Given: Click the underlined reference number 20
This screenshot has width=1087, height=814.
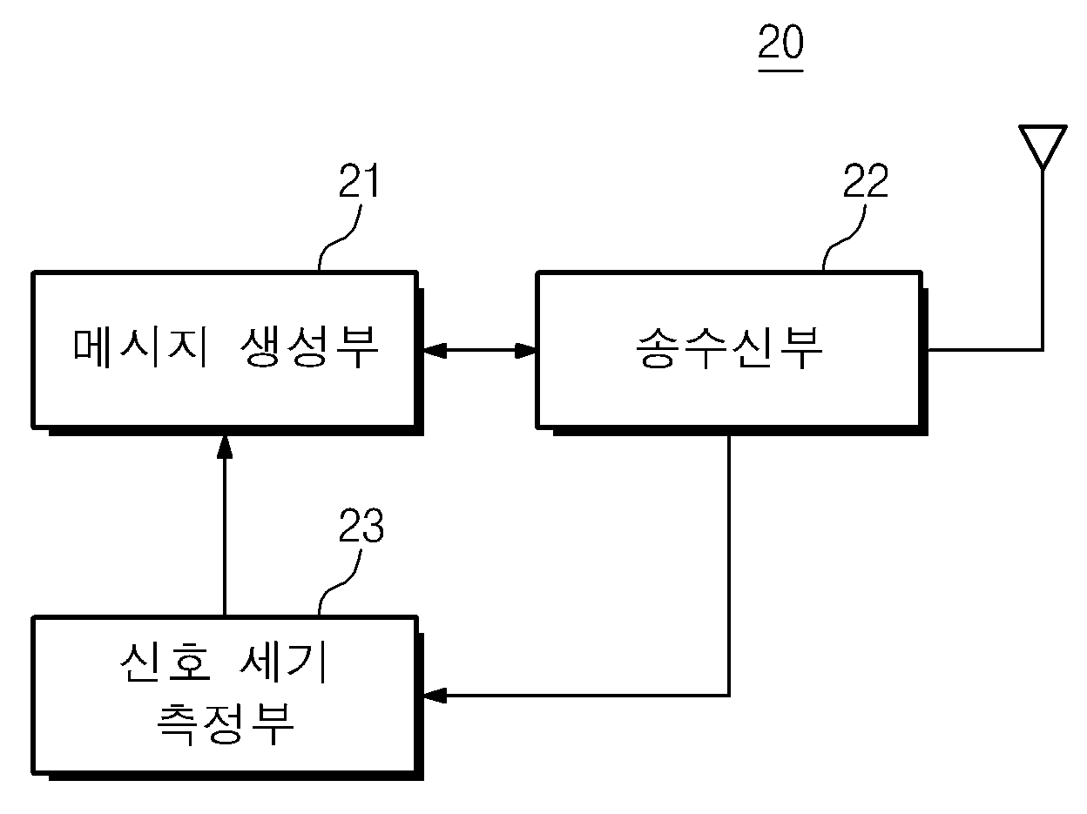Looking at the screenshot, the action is click(780, 42).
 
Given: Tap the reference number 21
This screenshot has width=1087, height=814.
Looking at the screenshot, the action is click(360, 180).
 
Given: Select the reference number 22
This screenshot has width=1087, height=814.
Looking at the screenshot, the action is click(866, 180).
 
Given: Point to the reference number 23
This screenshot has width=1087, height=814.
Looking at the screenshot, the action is click(361, 525).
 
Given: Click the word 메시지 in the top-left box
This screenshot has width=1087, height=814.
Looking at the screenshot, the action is click(140, 348).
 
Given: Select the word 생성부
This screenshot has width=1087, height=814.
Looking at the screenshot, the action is click(309, 347).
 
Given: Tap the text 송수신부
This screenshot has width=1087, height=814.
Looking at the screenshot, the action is click(729, 348).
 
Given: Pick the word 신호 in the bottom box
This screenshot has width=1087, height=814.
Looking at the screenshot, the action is click(165, 663).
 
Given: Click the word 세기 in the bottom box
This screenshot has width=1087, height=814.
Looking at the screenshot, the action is click(283, 663).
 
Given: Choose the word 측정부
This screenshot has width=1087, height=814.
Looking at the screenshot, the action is click(226, 724).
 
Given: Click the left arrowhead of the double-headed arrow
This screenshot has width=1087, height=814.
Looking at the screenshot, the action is click(435, 351).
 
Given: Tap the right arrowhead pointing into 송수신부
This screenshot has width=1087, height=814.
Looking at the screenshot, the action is click(526, 351).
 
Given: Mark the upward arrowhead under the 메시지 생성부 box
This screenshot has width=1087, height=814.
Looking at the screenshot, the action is click(225, 447).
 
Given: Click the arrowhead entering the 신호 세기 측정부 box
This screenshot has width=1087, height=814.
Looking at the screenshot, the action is click(435, 696).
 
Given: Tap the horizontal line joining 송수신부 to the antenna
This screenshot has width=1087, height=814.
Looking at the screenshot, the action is click(984, 350).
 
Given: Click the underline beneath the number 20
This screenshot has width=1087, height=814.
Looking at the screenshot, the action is click(780, 71).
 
